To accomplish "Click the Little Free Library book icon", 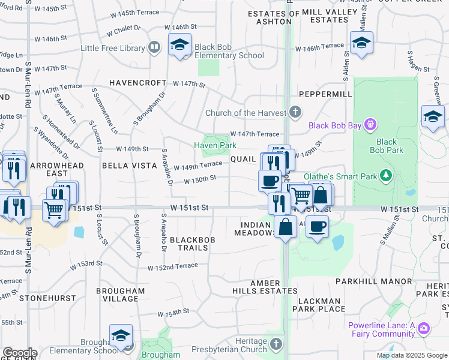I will [154, 47].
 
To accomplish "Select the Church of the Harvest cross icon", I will [295, 112].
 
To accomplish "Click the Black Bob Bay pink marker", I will [371, 125].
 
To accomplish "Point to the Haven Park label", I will [215, 145].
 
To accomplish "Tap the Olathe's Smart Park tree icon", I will [387, 176].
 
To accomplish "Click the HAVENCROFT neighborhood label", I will [137, 83].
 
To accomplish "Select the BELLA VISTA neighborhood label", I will [125, 165].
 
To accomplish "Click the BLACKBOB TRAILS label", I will [188, 244].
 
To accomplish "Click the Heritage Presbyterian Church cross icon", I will [276, 344].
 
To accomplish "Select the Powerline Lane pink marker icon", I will [424, 328].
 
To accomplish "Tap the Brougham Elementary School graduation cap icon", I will [121, 335].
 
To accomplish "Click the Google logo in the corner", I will [19, 353].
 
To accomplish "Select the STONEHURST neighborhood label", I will [48, 298].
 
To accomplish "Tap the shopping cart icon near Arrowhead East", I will [53, 211].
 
